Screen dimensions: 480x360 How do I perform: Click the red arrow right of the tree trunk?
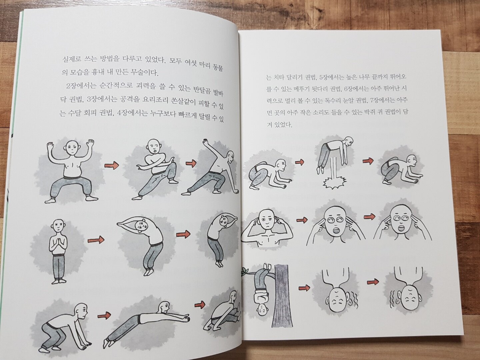[304, 288]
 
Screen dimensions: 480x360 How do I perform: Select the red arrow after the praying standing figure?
[96, 240]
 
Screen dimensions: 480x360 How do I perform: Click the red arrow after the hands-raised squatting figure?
[112, 166]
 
